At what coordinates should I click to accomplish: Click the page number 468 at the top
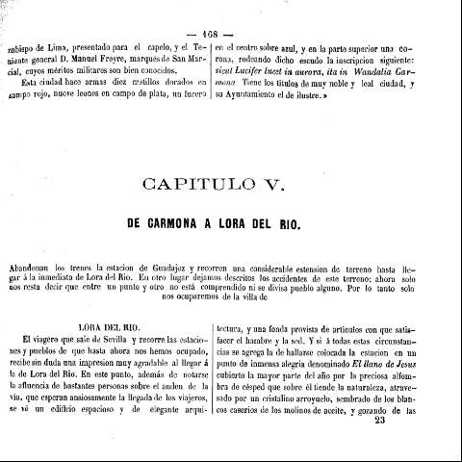(x=231, y=25)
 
